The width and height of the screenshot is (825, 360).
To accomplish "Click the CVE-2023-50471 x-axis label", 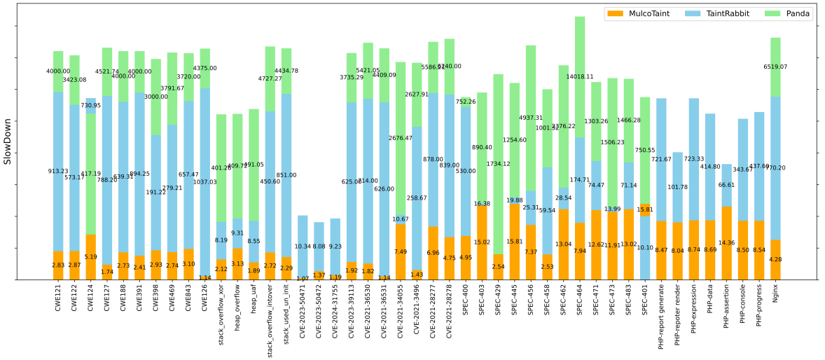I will click(303, 313).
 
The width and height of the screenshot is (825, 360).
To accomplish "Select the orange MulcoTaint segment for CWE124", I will click(91, 256).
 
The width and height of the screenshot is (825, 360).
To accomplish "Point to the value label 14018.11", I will click(580, 77).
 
